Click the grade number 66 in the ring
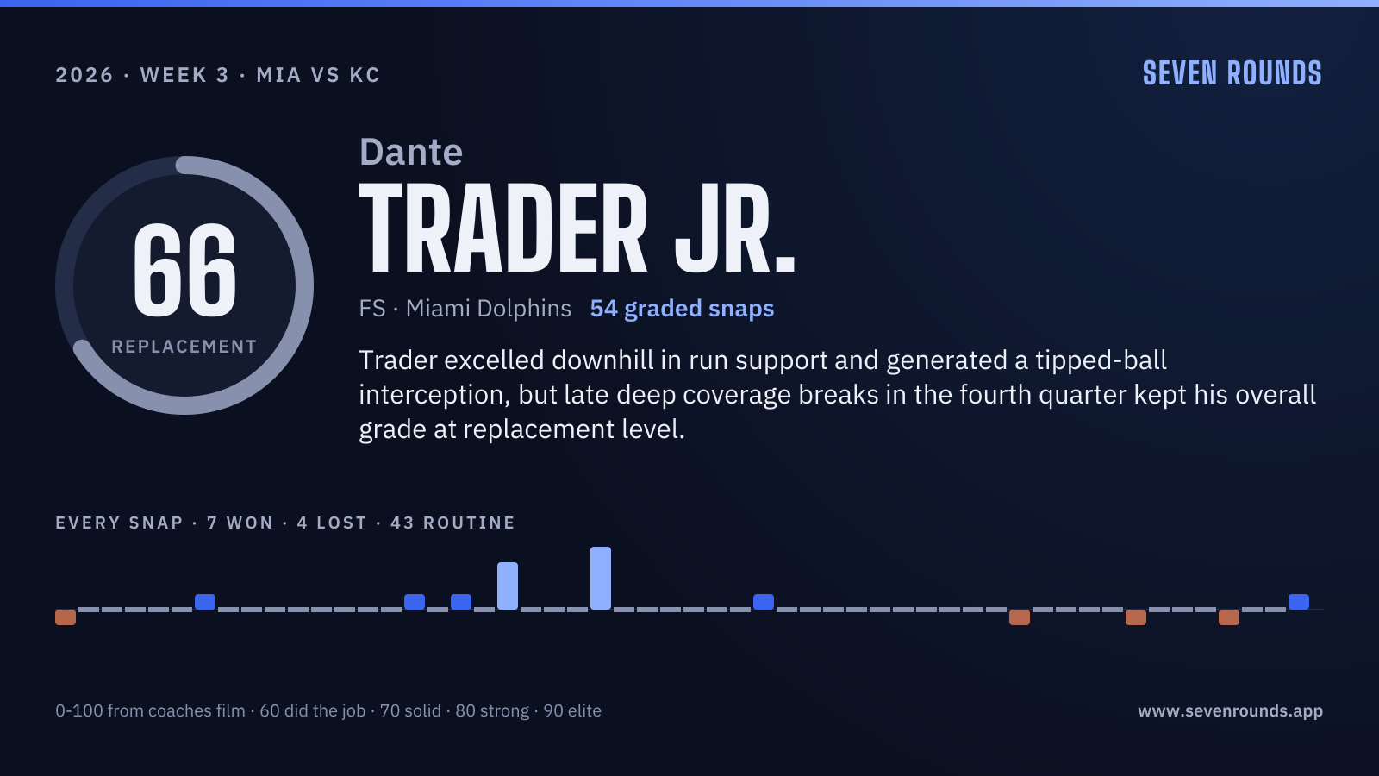pyautogui.click(x=184, y=270)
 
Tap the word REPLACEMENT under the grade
pyautogui.click(x=184, y=347)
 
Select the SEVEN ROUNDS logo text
pyautogui.click(x=1232, y=73)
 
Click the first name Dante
pyautogui.click(x=410, y=152)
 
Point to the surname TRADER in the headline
pyautogui.click(x=503, y=228)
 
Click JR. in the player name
pyautogui.click(x=735, y=228)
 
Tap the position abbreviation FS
pyautogui.click(x=371, y=309)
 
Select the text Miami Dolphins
pyautogui.click(x=488, y=309)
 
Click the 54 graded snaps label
pyautogui.click(x=682, y=309)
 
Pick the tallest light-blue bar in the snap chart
pyautogui.click(x=601, y=579)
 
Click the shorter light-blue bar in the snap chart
pyautogui.click(x=508, y=585)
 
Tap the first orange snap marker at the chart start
pyautogui.click(x=66, y=617)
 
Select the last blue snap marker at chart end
pyautogui.click(x=1299, y=602)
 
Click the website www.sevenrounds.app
pyautogui.click(x=1230, y=710)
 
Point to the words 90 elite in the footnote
pyautogui.click(x=572, y=710)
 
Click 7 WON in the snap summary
pyautogui.click(x=240, y=523)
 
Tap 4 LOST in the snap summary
pyautogui.click(x=332, y=523)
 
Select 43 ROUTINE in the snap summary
pyautogui.click(x=452, y=523)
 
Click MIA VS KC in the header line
pyautogui.click(x=318, y=75)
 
